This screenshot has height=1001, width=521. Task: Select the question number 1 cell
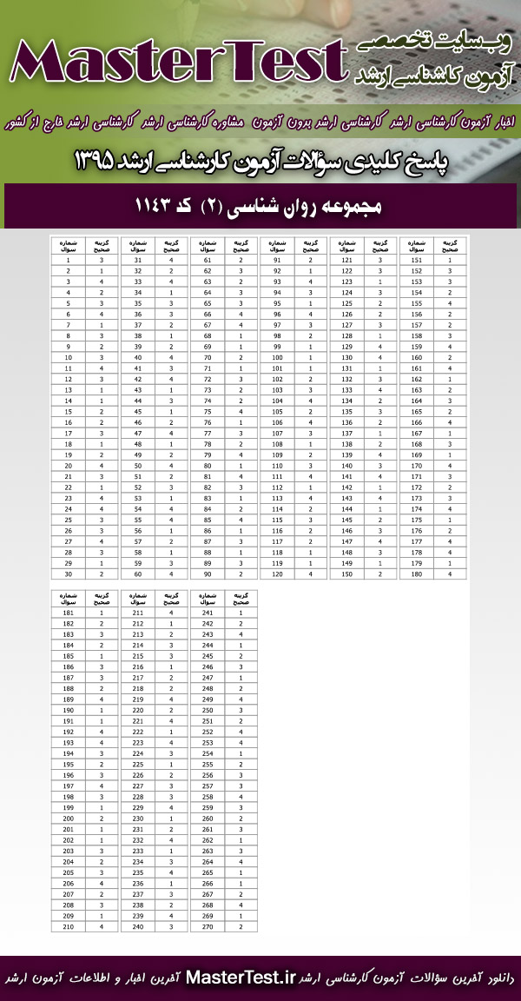click(x=68, y=260)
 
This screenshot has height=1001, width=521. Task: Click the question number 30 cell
click(x=68, y=574)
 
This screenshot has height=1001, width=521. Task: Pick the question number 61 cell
click(x=207, y=260)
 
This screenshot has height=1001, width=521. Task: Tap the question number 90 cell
click(x=207, y=574)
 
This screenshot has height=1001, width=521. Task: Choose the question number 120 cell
click(x=277, y=574)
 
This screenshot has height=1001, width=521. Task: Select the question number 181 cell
click(x=68, y=613)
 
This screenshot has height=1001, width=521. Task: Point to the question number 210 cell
click(x=68, y=927)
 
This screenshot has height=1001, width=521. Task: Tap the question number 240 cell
click(x=137, y=927)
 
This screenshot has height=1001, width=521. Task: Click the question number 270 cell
click(x=207, y=927)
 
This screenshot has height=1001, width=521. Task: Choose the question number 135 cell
click(x=346, y=412)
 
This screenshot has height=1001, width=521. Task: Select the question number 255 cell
click(x=207, y=765)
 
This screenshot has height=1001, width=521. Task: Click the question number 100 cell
click(x=277, y=357)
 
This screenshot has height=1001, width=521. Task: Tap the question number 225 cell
click(x=137, y=765)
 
